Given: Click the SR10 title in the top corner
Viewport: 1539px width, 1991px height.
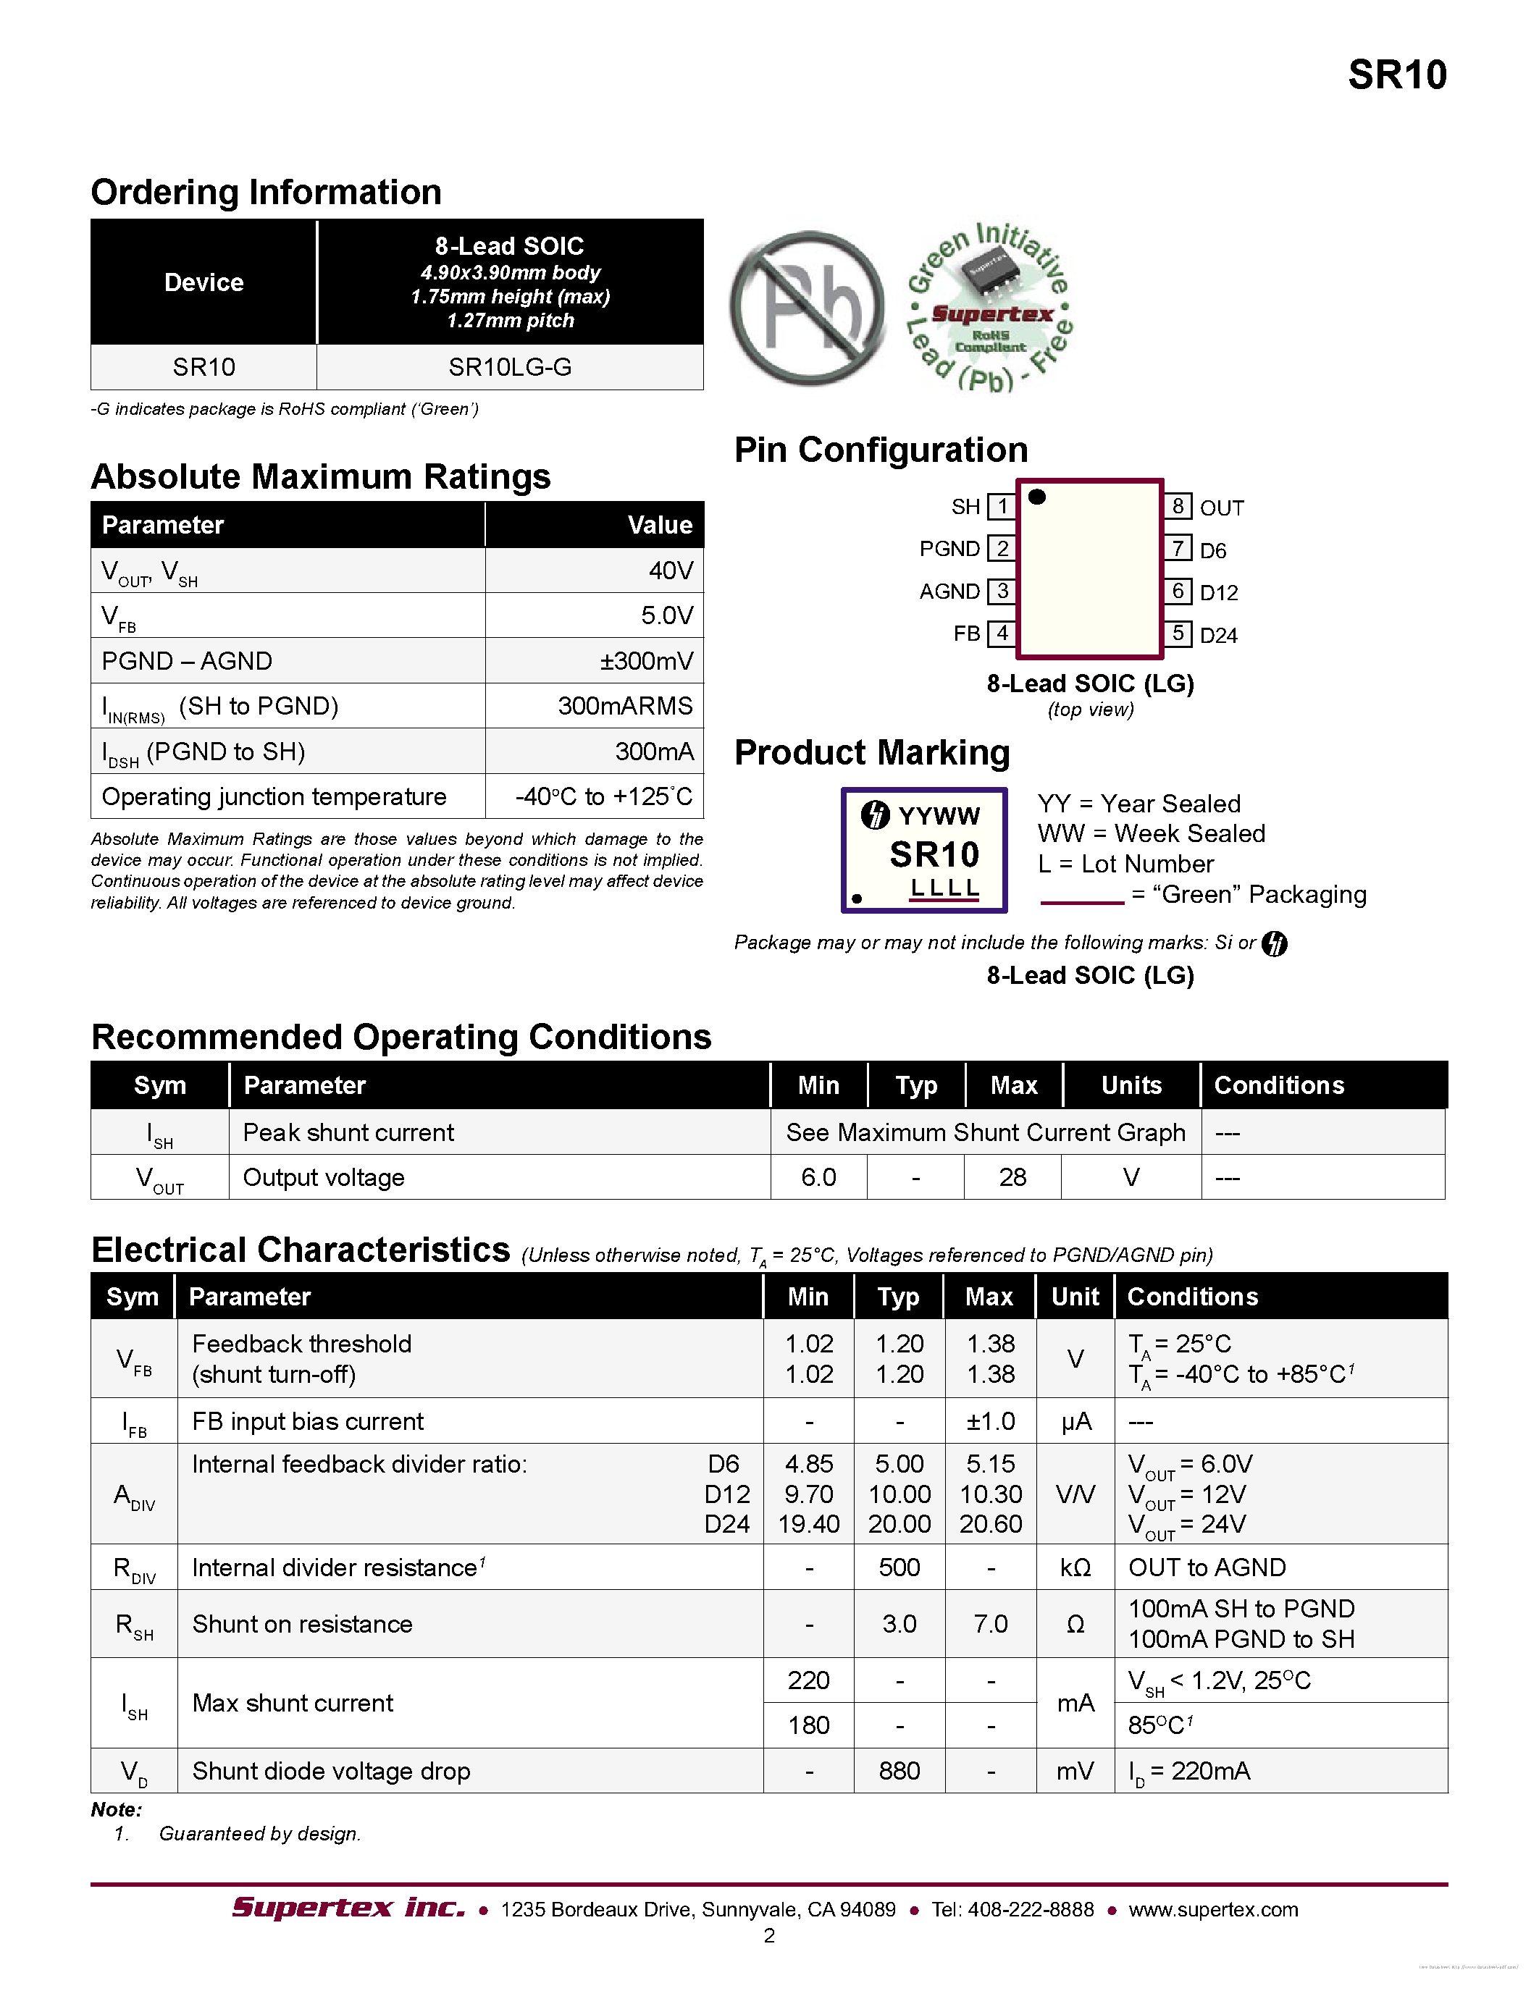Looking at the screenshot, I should coord(1397,75).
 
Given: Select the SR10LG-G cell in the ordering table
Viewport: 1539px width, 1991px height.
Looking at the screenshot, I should coord(510,367).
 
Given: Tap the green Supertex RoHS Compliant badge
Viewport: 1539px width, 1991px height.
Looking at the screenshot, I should coord(991,308).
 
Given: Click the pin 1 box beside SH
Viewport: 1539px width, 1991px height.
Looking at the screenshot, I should coord(1002,506).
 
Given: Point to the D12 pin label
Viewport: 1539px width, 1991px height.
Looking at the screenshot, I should coord(1218,592).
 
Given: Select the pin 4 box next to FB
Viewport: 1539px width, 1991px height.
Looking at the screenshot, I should coord(1002,633).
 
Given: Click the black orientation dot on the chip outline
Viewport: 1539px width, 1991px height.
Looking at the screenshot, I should coord(1036,497).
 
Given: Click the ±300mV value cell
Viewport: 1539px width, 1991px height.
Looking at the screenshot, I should coord(647,661).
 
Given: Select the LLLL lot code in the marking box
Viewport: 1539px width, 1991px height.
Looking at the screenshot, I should coord(944,887).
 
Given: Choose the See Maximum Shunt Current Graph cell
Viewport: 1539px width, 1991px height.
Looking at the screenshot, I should coord(986,1132).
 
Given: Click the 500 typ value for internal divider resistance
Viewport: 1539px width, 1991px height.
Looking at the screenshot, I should coord(899,1567).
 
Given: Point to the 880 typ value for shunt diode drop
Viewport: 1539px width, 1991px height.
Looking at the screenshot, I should coord(899,1770).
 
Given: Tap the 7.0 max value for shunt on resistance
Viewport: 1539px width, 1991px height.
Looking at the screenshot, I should coord(990,1624).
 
